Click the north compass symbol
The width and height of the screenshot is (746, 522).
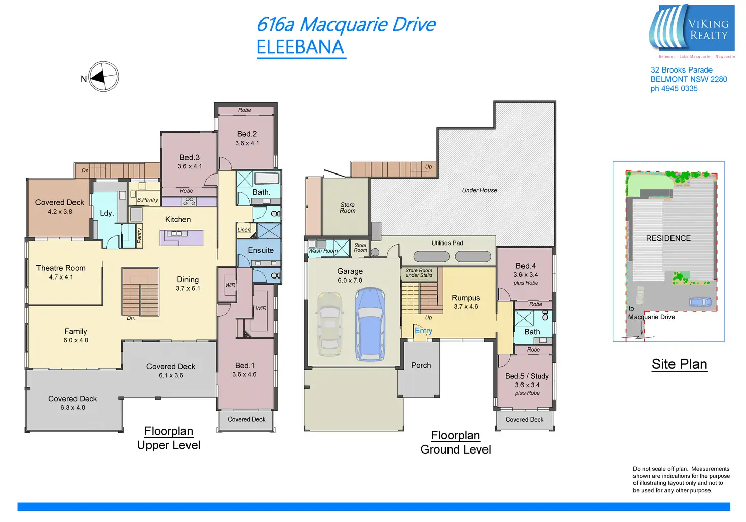(x=103, y=77)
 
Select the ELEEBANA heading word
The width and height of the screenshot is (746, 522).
(x=301, y=47)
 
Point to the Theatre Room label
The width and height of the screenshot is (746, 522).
(x=61, y=268)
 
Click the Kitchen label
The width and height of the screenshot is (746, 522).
(x=178, y=220)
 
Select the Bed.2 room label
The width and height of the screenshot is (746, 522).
(x=247, y=134)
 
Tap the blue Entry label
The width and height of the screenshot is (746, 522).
(x=423, y=331)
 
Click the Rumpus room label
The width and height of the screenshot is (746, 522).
(x=466, y=298)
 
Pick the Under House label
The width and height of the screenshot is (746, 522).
(x=479, y=190)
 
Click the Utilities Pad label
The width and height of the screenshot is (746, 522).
(x=447, y=243)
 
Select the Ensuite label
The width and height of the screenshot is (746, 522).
(x=260, y=251)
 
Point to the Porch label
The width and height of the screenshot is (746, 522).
(x=421, y=365)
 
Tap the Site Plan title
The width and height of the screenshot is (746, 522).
(x=679, y=364)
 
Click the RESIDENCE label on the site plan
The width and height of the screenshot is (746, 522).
(x=668, y=238)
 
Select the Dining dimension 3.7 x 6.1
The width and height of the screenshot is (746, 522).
(x=188, y=289)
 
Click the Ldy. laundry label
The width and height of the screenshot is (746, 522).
(x=106, y=213)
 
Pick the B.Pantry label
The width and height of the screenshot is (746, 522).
(x=147, y=200)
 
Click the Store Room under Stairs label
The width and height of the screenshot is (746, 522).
(x=419, y=273)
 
